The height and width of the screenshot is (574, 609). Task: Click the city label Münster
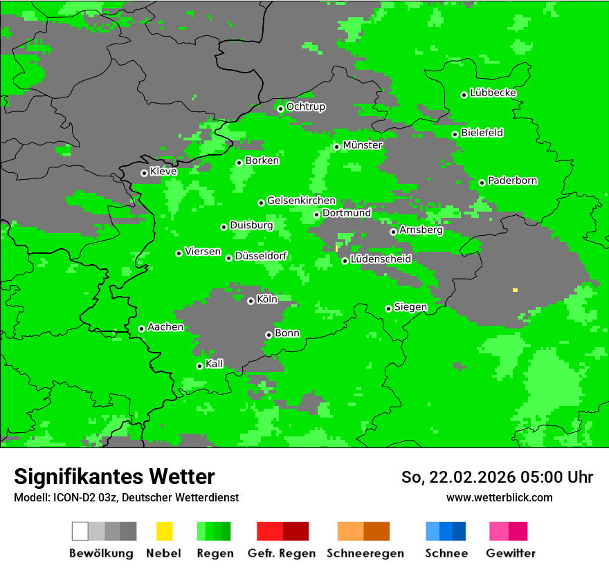coord(363,145)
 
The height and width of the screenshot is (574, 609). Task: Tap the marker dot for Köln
coord(251,301)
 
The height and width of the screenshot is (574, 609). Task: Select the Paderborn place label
coord(512,180)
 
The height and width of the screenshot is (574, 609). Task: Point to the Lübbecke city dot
coord(464,95)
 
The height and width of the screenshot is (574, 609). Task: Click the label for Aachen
coord(165,327)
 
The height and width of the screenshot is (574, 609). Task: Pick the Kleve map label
coord(163,171)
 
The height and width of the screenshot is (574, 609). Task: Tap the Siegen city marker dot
coord(388,308)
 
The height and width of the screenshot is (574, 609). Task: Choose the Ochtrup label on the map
coord(305,107)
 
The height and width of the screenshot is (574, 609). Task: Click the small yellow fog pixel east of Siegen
coord(515,290)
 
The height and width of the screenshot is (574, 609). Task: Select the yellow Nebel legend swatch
coord(164,531)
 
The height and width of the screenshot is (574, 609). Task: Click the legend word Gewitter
coord(510,553)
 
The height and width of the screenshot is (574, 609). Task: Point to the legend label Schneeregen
coord(365,553)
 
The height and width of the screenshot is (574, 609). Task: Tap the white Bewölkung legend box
coord(80,531)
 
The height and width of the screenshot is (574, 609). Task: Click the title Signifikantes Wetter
coord(114,477)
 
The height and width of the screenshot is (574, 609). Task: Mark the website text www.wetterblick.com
coord(499,497)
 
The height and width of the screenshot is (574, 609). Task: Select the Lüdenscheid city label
coord(381,259)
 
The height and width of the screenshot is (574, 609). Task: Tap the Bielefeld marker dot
coord(455,134)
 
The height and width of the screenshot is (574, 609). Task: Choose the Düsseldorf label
coord(261,256)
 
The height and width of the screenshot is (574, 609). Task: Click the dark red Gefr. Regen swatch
coord(296,531)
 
